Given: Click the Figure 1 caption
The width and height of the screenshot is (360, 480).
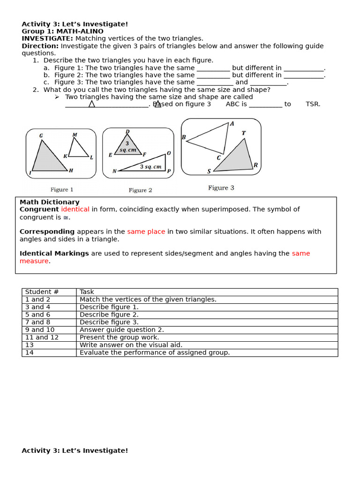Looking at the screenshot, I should [62, 190].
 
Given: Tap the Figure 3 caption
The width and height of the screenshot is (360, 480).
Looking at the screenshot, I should [221, 188].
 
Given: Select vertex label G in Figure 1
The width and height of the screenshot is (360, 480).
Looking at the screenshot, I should [41, 136].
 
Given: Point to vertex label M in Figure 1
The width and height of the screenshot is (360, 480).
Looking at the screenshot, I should [75, 135].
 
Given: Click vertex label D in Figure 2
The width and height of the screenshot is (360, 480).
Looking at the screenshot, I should [127, 132].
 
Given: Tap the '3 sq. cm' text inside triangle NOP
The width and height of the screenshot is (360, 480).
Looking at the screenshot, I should [150, 166].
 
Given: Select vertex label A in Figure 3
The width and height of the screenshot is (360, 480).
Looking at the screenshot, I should [232, 124].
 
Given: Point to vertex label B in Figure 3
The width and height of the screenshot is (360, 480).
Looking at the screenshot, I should [184, 138].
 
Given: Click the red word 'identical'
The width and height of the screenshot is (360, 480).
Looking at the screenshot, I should [75, 210].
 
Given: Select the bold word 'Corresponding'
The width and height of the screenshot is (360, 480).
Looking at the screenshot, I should [47, 232].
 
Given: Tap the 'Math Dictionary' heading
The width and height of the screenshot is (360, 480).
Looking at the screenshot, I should [49, 202].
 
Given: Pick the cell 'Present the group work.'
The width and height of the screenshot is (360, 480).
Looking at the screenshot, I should [119, 337].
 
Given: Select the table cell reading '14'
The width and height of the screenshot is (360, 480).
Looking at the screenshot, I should [29, 352].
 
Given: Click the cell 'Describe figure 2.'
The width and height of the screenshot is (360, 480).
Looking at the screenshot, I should [109, 315].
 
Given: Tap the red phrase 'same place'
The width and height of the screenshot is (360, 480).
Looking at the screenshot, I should [146, 232].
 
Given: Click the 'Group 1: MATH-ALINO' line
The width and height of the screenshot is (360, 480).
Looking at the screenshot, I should [62, 31].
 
